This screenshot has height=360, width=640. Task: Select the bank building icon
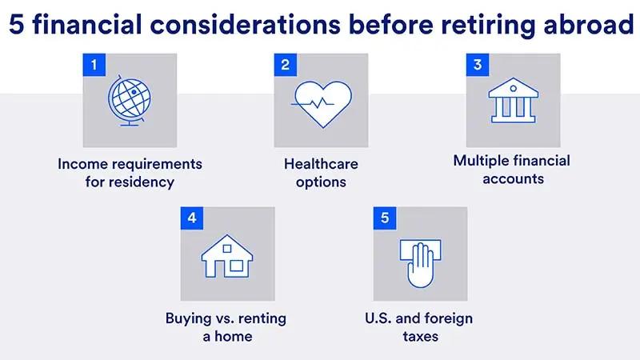[512, 100]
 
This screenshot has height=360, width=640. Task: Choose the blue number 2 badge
[286, 65]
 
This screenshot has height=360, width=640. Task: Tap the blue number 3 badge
[478, 65]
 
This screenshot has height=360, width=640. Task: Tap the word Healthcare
[321, 164]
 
